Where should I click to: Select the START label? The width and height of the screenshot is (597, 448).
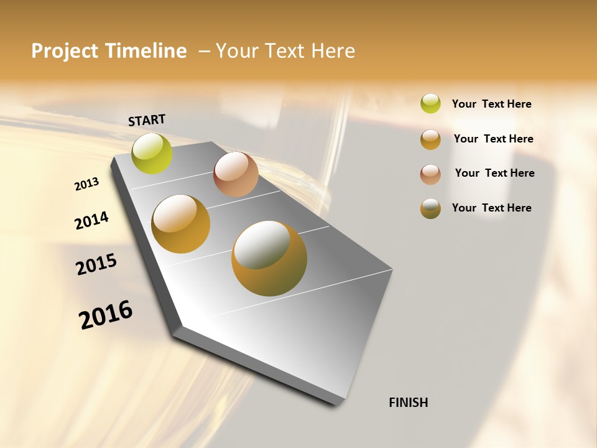coord(147,120)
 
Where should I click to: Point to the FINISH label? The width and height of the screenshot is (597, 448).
coord(409,403)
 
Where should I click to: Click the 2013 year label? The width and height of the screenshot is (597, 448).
coord(86,184)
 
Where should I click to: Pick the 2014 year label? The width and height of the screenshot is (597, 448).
coord(91,220)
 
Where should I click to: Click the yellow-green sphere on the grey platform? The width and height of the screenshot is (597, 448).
coord(152,153)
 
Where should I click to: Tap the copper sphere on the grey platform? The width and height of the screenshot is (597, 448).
coord(236,174)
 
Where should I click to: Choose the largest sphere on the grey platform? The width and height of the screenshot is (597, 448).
coord(269,258)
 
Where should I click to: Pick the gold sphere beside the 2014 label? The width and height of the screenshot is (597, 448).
coord(180,224)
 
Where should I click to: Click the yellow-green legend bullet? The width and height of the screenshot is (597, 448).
coord(430,103)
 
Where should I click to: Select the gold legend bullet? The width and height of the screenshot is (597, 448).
coord(430,139)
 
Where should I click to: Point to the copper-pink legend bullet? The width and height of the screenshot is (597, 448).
coord(430,174)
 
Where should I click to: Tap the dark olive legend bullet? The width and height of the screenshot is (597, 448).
coord(430,208)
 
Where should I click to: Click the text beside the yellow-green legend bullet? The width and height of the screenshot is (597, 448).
coord(492,104)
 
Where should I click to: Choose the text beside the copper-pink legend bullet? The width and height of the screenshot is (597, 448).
coord(494,173)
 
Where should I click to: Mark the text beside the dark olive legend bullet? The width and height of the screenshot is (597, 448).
coord(492,208)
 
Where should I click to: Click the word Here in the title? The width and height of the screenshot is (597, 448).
coord(333,51)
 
